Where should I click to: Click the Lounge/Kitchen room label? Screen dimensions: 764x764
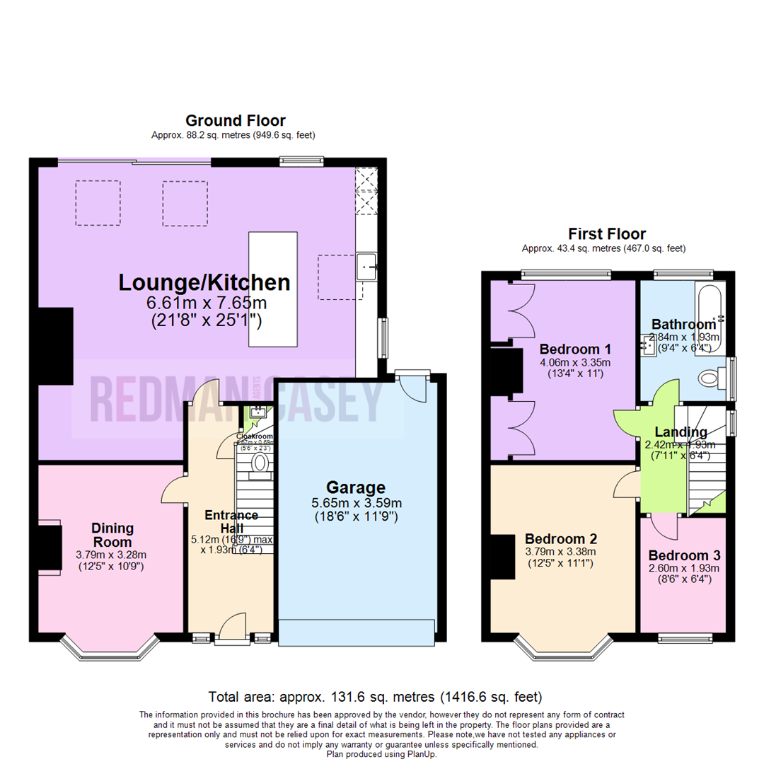coord(204,283)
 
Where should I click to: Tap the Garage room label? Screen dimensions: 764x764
coord(355,487)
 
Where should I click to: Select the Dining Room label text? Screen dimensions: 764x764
coord(112,535)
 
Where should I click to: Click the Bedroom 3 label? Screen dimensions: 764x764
coord(683,555)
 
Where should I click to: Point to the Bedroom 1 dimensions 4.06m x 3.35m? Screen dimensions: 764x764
coord(575,362)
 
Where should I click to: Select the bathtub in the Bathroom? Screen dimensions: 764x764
coord(710,308)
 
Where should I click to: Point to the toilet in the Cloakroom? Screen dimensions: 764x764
coord(260,463)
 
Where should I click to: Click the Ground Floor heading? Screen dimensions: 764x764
coord(235,120)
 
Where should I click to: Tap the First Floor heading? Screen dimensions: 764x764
coord(607,234)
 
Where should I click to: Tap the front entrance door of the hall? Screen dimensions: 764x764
coord(233,630)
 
